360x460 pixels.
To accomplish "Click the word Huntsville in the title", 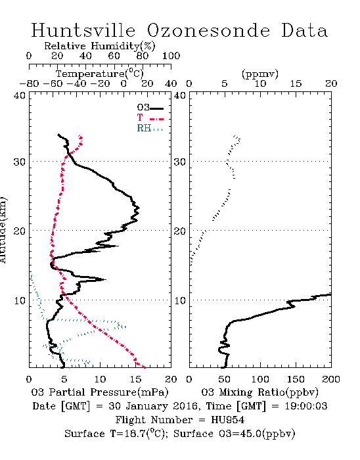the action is pos(83,30).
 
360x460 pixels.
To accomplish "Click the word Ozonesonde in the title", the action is pos(208,30).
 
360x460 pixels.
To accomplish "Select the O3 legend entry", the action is pos(150,108).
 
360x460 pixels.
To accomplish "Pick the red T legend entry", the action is pos(150,118).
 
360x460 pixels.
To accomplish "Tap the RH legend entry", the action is pos(150,128).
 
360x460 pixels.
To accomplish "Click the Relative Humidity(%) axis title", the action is pos(100,46).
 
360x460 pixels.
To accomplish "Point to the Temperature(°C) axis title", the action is pos(100,74).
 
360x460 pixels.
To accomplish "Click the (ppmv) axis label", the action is pos(260,74).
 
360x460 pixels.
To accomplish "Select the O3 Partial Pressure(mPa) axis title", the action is pos(100,392).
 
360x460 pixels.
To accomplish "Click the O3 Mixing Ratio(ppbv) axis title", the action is pos(259,392).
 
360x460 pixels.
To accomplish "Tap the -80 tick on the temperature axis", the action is pos(29,84).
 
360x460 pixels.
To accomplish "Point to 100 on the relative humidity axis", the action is pos(171,56).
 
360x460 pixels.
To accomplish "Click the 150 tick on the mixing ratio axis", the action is pos(296,379).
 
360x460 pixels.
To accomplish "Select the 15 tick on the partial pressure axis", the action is pos(135,379).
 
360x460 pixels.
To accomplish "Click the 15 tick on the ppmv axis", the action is pos(296,84).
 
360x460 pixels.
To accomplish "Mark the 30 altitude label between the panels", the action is pos(179,162).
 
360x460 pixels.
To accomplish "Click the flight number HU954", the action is pos(228,420).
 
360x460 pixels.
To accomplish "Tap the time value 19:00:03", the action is pos(306,406).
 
